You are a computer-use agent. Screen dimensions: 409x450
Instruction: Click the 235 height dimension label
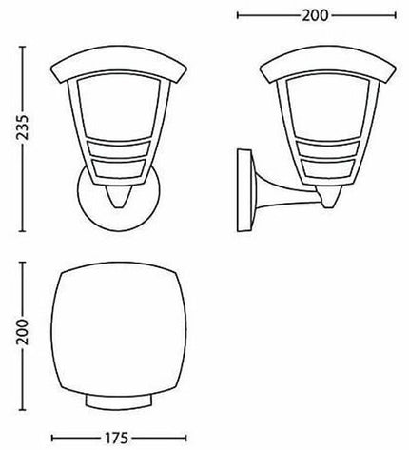pyautogui.click(x=23, y=127)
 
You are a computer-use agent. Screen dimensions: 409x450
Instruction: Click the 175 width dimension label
pyautogui.click(x=116, y=439)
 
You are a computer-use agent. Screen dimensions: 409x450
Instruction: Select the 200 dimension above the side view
pyautogui.click(x=315, y=15)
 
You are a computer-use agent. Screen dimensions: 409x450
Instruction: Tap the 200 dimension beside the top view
pyautogui.click(x=23, y=332)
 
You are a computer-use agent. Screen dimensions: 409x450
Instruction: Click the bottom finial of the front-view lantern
pyautogui.click(x=119, y=197)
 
